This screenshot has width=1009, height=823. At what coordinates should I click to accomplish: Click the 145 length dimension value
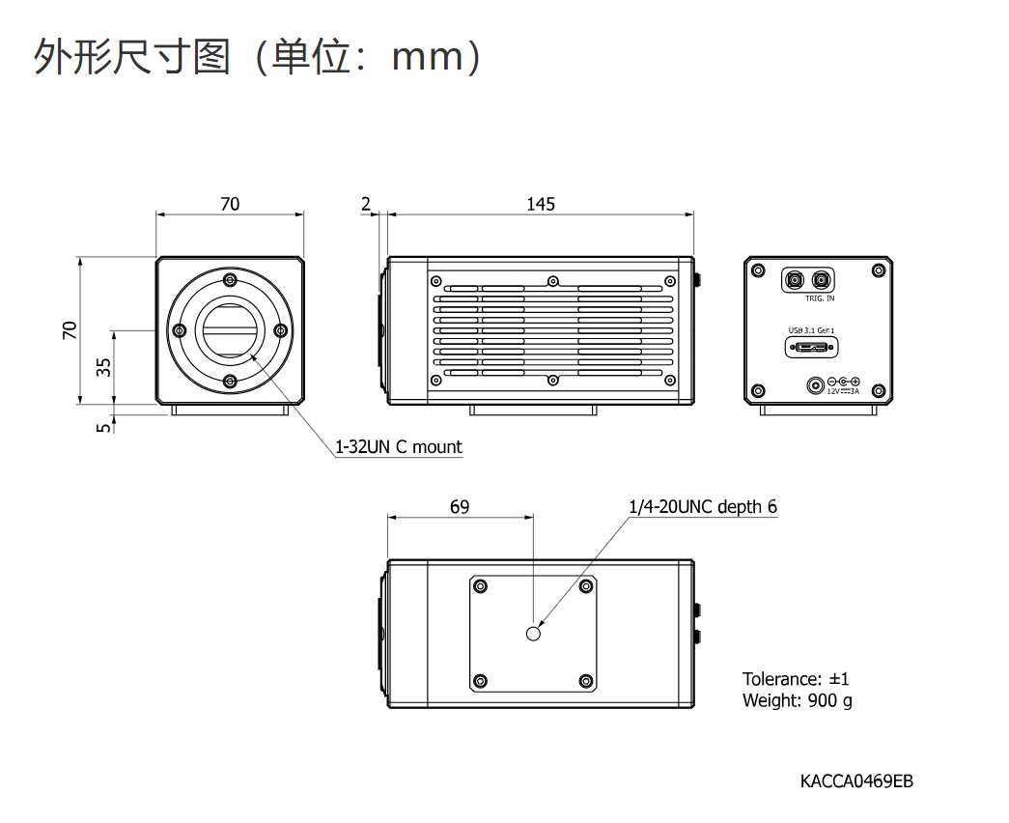[541, 204]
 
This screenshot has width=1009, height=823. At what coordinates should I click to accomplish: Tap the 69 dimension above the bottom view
[460, 506]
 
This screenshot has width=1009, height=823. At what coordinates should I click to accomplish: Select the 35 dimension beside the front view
[104, 366]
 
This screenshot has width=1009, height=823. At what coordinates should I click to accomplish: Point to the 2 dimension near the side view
[365, 204]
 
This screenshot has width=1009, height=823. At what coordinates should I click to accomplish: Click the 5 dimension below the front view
[104, 424]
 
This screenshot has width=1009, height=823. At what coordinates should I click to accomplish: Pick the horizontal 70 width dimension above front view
[230, 204]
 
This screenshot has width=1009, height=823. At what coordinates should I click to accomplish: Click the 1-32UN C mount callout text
[398, 447]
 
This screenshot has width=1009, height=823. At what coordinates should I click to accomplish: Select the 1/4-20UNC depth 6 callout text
[703, 506]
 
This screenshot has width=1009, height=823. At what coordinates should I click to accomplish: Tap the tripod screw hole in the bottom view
[534, 633]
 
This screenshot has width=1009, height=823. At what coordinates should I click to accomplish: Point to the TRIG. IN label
[819, 298]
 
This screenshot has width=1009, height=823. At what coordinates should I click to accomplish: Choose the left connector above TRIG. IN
[795, 280]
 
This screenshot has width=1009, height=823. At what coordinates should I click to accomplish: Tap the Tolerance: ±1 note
[796, 679]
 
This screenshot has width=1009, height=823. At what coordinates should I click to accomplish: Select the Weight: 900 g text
[797, 700]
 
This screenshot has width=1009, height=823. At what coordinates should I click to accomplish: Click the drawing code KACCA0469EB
[855, 780]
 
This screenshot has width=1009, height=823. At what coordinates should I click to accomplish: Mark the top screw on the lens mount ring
[230, 280]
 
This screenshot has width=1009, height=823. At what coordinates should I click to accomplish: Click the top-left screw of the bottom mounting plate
[481, 585]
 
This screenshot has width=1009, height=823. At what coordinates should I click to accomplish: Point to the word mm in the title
[428, 58]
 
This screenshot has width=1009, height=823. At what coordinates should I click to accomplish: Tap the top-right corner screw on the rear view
[879, 271]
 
